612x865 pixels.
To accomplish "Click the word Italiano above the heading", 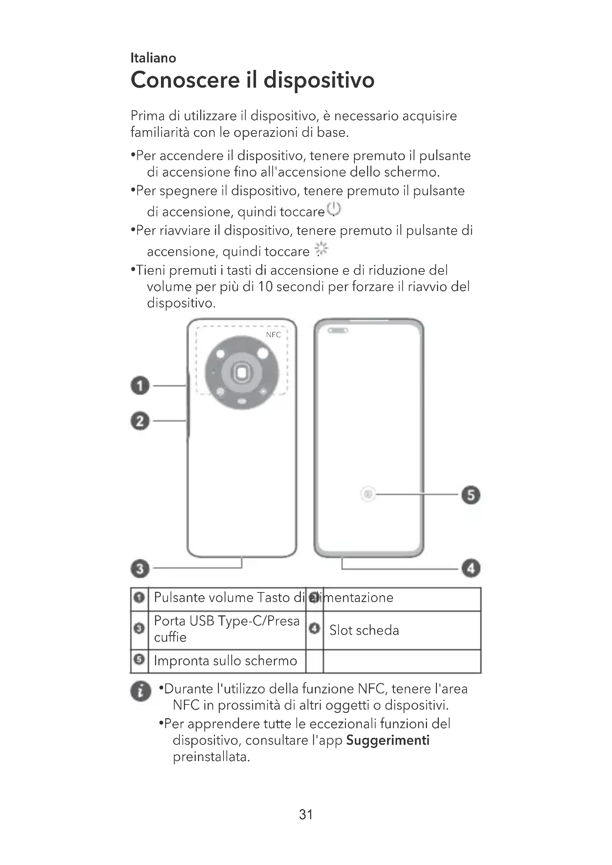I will [x=153, y=58].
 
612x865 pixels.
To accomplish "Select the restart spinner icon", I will [x=322, y=249].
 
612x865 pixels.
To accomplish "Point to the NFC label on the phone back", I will [x=273, y=335].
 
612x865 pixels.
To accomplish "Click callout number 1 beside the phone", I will [x=140, y=385].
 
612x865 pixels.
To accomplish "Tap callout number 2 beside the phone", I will [x=140, y=421].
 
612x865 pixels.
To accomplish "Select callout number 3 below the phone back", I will [x=140, y=568].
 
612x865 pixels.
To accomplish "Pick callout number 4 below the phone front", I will [x=471, y=568].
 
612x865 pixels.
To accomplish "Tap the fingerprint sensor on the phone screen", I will [x=368, y=494].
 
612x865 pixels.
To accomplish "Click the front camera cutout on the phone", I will [x=338, y=330].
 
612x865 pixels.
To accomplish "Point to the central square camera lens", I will [x=242, y=373].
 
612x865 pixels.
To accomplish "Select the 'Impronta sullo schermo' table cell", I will [x=226, y=660].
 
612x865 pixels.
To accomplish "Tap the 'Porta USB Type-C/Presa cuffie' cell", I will [x=226, y=629].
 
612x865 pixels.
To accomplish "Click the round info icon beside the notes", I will [x=140, y=691].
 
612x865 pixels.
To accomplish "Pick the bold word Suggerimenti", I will [x=388, y=740].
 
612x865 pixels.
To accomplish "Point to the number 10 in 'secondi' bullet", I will [x=265, y=287].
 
